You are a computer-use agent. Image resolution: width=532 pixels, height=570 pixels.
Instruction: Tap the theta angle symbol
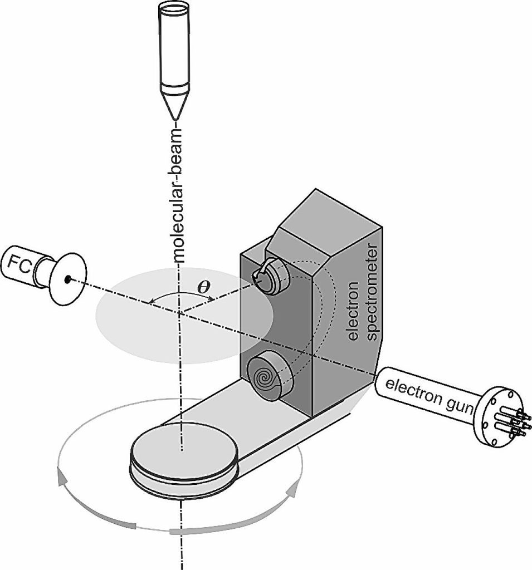pos(203,287)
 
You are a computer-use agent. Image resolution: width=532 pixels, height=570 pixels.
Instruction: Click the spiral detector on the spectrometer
pos(266,378)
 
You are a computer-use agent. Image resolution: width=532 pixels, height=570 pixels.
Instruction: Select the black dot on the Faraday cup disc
pos(67,279)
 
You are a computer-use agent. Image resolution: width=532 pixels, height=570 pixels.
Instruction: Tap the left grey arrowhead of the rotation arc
pos(62,478)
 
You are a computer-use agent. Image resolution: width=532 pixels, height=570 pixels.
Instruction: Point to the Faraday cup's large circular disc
pos(69,279)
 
